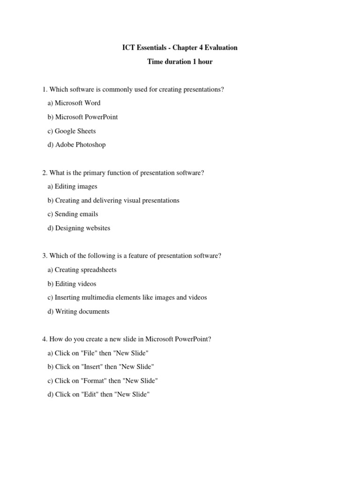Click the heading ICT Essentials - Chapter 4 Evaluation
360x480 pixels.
(180, 47)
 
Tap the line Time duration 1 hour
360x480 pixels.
(180, 61)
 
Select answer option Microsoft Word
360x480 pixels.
(74, 103)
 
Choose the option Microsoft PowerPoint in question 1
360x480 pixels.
(82, 117)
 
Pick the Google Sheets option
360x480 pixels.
(71, 131)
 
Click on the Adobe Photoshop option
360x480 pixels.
(76, 145)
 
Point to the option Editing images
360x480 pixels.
(72, 187)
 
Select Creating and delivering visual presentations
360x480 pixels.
(113, 200)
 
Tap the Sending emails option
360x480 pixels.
(73, 214)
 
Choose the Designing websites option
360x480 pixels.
(79, 228)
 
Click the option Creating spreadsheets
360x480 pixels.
(82, 270)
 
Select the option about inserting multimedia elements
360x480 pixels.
(127, 298)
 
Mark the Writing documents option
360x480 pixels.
(78, 311)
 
